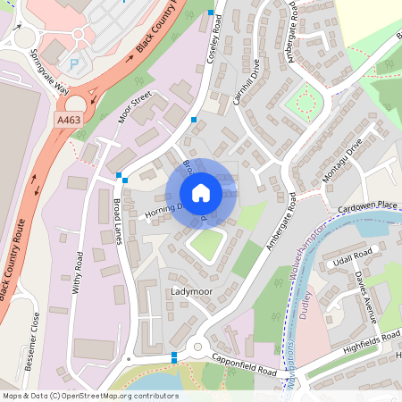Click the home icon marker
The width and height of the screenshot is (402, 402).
click(x=201, y=193)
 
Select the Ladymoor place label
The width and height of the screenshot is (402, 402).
click(x=190, y=292)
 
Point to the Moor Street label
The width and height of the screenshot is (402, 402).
click(x=136, y=105)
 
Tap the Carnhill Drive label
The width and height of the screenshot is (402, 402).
click(x=247, y=83)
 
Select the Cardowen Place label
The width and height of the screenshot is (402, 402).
click(x=368, y=205)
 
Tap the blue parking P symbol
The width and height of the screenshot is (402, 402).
click(x=74, y=64)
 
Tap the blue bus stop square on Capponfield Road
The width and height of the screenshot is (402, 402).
click(x=173, y=356)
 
